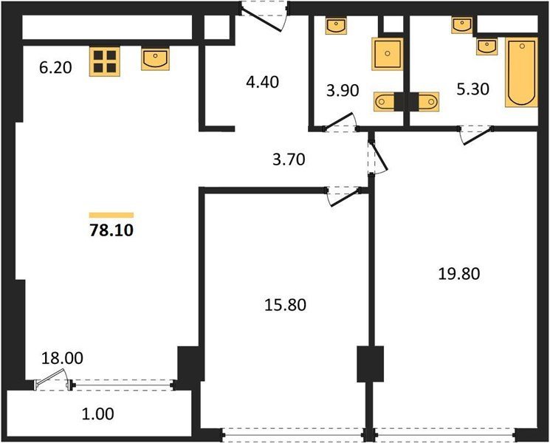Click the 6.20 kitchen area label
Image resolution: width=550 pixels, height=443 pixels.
point(55,68)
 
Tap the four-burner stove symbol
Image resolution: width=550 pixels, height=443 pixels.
point(105,61)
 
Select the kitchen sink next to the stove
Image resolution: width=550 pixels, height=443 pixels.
point(155,59)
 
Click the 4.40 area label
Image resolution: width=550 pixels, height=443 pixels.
point(262,82)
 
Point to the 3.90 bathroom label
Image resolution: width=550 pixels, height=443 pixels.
point(343,91)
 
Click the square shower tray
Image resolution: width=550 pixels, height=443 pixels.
point(388,54)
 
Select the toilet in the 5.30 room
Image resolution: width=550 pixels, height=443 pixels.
point(424,102)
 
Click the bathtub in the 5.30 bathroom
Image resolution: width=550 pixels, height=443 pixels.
point(522,72)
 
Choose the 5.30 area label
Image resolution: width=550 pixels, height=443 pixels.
point(472,89)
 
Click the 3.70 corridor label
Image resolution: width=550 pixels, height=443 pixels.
point(289,160)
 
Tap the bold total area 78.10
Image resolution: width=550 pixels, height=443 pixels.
point(111,231)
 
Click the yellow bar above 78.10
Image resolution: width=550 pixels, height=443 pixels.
point(111,215)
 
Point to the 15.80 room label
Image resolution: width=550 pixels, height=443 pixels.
point(285,305)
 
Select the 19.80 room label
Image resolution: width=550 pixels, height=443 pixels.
point(459,274)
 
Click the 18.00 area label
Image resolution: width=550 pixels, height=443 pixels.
point(63,359)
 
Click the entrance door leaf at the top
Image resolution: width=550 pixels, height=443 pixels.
point(261,20)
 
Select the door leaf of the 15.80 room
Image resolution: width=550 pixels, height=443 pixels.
point(346,197)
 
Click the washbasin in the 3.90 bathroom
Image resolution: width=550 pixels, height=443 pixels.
point(336,26)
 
